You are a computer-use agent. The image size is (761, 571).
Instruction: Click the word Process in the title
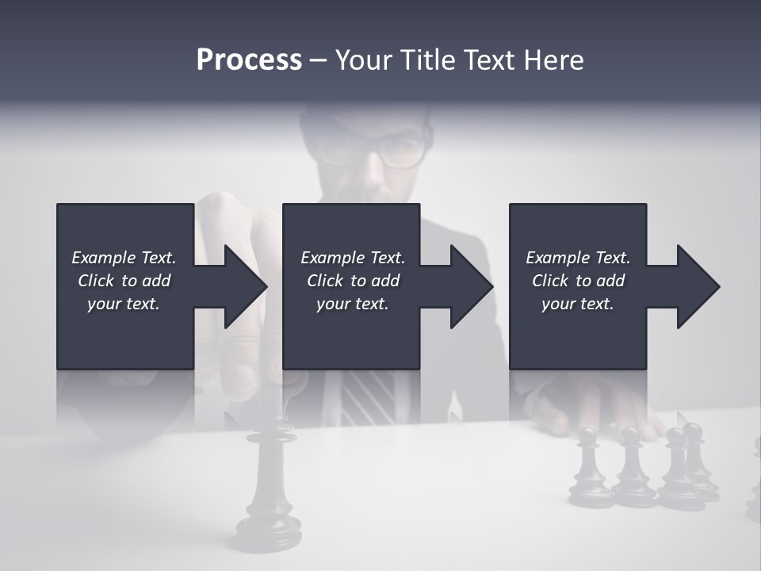pos(249,60)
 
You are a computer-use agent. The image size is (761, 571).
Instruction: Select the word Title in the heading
pos(428,60)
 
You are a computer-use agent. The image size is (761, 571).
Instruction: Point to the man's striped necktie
pos(367,397)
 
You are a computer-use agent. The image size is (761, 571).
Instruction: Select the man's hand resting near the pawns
pos(595,408)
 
